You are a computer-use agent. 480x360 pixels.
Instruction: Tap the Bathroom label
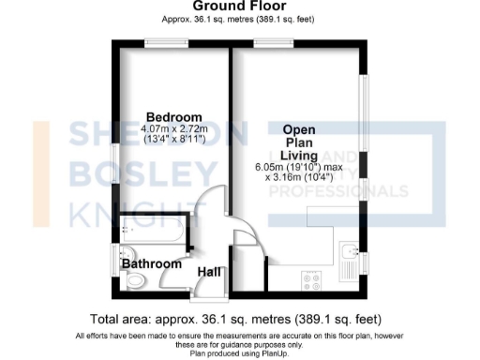click(152, 264)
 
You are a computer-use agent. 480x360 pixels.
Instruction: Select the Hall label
click(209, 272)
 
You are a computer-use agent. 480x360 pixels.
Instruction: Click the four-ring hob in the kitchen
click(308, 277)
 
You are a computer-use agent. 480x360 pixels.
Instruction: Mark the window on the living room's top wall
click(269, 41)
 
